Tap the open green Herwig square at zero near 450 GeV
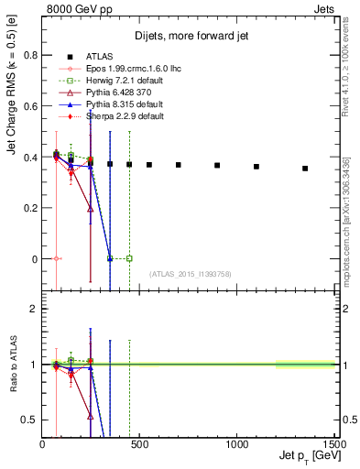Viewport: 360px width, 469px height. (x=129, y=259)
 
